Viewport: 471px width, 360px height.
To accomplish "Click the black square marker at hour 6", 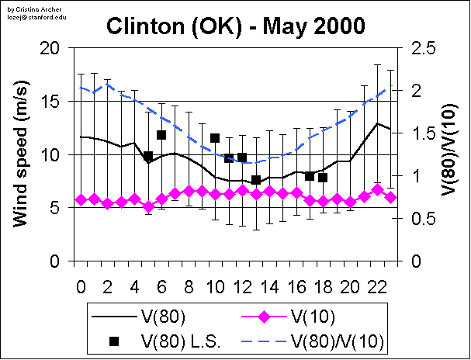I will click(x=161, y=135).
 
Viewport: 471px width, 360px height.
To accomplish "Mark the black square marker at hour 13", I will click(x=256, y=180).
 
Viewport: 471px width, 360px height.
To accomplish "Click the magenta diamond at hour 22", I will click(x=377, y=189).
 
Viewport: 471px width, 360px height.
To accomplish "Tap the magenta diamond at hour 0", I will click(x=81, y=199).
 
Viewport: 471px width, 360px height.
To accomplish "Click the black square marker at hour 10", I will click(x=215, y=138).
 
